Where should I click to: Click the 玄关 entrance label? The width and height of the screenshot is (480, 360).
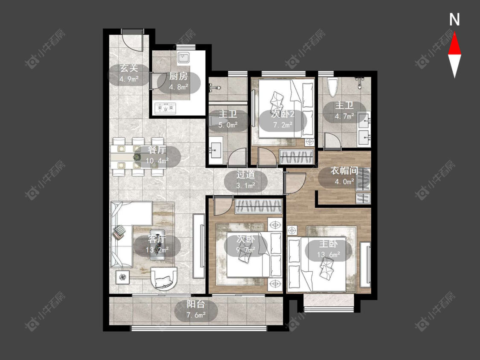129,68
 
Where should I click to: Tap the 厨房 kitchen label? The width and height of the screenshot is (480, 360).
178,76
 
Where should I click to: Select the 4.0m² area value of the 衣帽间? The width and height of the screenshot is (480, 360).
344,182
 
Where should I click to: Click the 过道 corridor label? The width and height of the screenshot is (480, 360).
246,174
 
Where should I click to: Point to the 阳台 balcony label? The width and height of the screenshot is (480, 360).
196,304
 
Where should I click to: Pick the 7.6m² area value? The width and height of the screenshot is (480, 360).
196,315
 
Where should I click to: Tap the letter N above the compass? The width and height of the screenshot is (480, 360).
454,20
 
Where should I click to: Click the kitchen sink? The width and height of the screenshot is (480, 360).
183,58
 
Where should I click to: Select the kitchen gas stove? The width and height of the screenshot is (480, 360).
165,108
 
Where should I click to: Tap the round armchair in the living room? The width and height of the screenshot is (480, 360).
165,278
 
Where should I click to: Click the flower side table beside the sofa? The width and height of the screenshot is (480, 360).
123,278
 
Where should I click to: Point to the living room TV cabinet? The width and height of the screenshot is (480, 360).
199,246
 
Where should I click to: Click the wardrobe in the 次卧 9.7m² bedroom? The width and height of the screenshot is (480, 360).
259,206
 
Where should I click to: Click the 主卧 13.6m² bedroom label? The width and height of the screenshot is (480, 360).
329,244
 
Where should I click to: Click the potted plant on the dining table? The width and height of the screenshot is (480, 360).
137,157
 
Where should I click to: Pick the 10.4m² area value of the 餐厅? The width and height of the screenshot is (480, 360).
157,161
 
